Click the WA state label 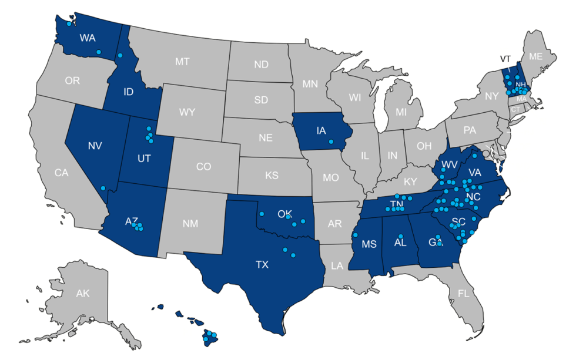[x=88, y=38]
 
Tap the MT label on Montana [x=182, y=61]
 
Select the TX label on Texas [x=262, y=265]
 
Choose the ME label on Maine [x=535, y=57]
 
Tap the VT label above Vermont [x=505, y=59]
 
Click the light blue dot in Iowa [x=331, y=142]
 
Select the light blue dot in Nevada [x=103, y=188]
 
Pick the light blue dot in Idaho [x=120, y=55]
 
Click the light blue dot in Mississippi [x=355, y=235]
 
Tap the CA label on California [x=61, y=173]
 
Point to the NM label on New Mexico [x=190, y=223]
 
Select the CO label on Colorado [x=203, y=167]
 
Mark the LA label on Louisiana [x=336, y=265]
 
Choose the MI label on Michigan [x=401, y=111]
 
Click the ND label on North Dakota [x=261, y=64]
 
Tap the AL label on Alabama [x=400, y=243]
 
